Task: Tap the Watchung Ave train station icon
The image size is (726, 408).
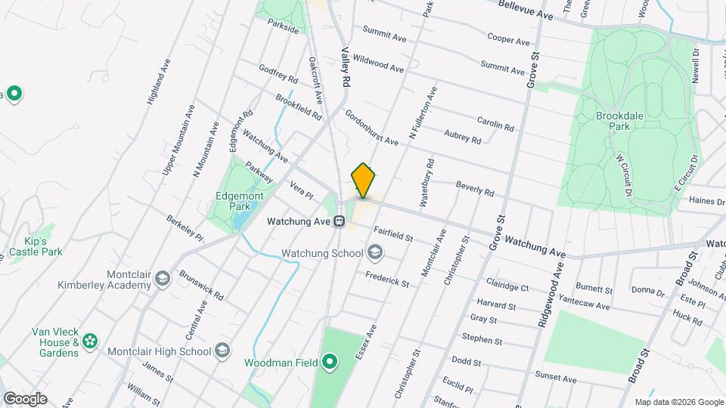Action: click(x=340, y=222)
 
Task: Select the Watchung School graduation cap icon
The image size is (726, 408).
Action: click(x=376, y=253)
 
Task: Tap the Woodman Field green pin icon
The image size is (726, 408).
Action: click(x=329, y=363)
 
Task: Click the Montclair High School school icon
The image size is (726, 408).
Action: click(x=222, y=351)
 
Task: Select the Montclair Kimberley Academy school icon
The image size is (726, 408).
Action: click(x=161, y=280)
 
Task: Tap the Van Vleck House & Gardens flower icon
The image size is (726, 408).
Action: click(x=90, y=342)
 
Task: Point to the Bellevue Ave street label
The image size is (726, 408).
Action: click(x=526, y=9)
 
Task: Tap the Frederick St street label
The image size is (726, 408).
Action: click(x=386, y=279)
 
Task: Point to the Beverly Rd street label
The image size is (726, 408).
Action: click(x=474, y=187)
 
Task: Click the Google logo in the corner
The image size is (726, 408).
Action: click(x=25, y=398)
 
